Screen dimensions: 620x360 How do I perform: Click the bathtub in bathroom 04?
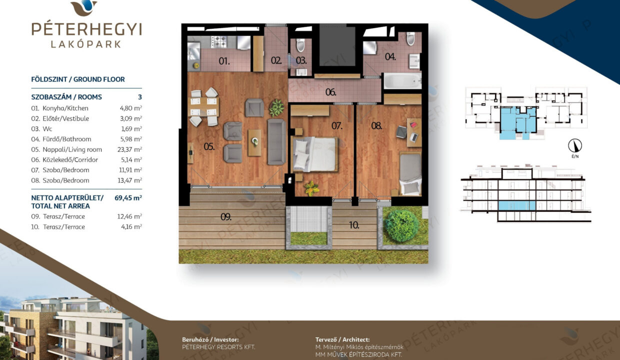(x=402, y=81)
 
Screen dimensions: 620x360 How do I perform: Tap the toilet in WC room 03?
(x=300, y=45)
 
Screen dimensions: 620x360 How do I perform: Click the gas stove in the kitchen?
(x=219, y=42)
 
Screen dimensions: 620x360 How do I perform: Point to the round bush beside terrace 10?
(x=402, y=226)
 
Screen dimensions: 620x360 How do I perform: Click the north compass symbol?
(x=575, y=146)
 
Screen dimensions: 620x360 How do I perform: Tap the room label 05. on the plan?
(x=209, y=146)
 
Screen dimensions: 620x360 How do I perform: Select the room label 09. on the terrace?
(x=226, y=217)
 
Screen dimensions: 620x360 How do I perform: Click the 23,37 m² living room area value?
(x=129, y=149)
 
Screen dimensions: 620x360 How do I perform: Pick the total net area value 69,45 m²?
(x=128, y=198)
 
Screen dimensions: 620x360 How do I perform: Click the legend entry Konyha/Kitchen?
(x=65, y=108)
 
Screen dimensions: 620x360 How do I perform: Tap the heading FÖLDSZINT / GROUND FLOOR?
(x=78, y=79)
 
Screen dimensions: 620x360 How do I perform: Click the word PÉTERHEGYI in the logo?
(x=86, y=29)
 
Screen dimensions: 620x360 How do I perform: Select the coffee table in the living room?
(x=254, y=143)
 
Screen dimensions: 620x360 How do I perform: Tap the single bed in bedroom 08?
(x=410, y=173)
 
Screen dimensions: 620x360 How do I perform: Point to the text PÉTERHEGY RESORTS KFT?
(x=218, y=347)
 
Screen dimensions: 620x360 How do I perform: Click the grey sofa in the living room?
(x=276, y=141)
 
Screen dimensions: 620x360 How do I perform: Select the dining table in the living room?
(x=203, y=107)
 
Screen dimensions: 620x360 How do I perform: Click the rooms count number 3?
(x=140, y=97)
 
